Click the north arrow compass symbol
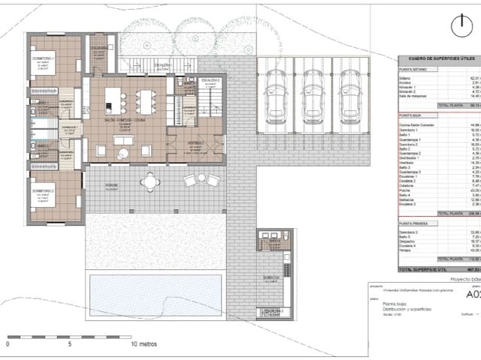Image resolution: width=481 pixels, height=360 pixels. pyautogui.click(x=461, y=25)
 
